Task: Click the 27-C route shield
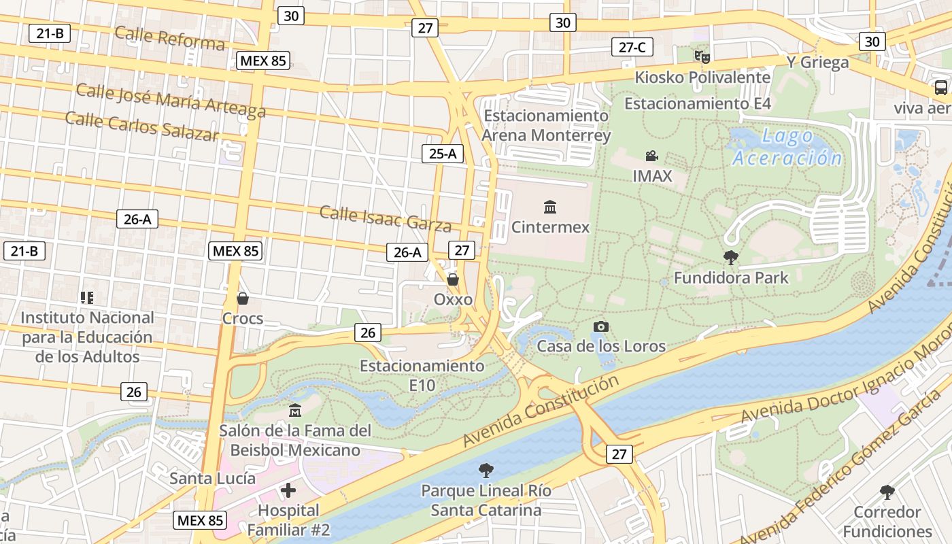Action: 632,47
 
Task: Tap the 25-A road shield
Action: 442,154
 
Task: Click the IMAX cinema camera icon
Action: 652,156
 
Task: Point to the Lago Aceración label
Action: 787,147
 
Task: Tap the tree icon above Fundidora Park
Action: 731,258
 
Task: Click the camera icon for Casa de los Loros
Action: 600,326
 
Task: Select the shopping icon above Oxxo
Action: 453,279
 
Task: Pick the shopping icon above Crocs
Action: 242,299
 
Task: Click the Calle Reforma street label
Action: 169,38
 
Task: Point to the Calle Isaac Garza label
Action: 385,218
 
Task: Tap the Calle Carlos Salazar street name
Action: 142,126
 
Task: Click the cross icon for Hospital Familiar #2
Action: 288,490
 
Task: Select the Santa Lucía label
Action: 203,479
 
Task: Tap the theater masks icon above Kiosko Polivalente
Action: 702,56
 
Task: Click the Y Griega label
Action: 817,63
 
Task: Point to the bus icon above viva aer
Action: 941,88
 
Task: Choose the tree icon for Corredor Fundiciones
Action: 887,492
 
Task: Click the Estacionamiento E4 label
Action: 698,104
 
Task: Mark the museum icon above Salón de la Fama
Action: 295,411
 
